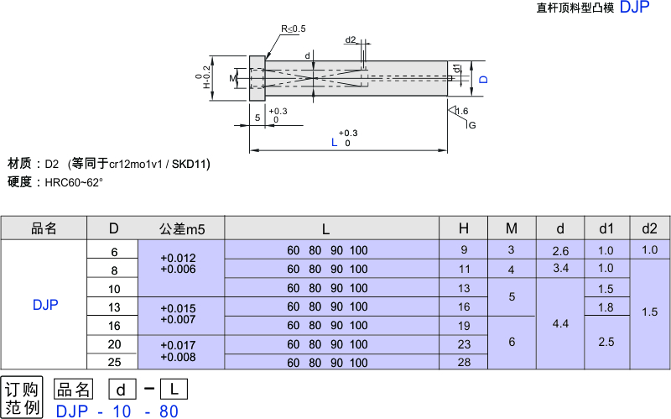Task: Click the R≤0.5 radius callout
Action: tap(294, 29)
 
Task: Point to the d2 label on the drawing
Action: tap(351, 39)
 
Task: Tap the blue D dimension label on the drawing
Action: tap(483, 79)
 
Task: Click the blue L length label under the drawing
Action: tap(335, 143)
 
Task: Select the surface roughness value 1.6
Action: tap(461, 111)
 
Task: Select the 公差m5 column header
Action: tap(181, 228)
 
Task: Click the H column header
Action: tap(464, 228)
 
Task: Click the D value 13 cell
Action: tap(114, 306)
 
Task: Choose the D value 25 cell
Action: tap(114, 362)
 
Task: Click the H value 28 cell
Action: tap(464, 362)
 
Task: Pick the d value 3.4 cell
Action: tap(561, 269)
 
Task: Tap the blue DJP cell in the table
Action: tap(45, 306)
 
